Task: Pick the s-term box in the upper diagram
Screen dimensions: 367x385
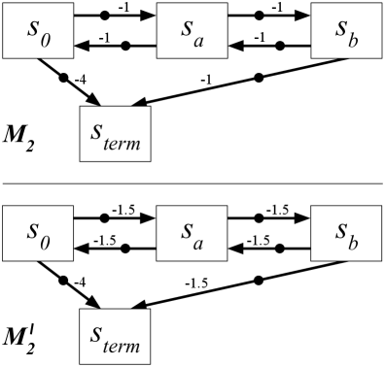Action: [x=115, y=133]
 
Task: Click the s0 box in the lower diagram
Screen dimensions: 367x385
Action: [x=37, y=233]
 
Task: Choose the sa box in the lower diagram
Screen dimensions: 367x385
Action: [x=192, y=233]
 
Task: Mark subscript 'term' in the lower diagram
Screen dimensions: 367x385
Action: [x=122, y=346]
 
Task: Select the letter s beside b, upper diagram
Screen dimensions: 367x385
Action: [x=340, y=28]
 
